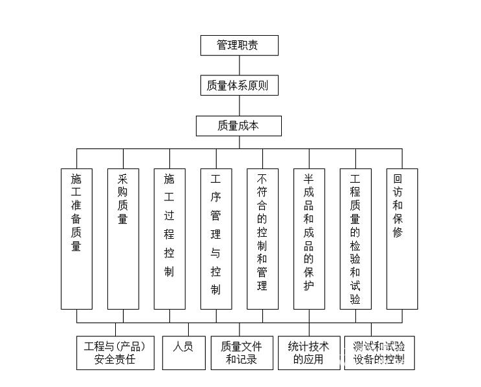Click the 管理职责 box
click(239, 46)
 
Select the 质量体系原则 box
click(239, 85)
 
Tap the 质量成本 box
click(239, 126)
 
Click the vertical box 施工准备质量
click(76, 239)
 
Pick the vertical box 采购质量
click(123, 239)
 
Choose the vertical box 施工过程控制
click(169, 239)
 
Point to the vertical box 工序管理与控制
click(215, 239)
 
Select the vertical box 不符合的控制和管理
click(262, 239)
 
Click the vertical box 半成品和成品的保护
click(309, 239)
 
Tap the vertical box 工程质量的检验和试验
click(355, 239)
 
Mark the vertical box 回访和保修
click(402, 239)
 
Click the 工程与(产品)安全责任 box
click(115, 353)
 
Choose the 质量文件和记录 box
click(241, 353)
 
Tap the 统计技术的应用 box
click(309, 353)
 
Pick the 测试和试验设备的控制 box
click(379, 353)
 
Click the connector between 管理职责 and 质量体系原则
click(239, 65)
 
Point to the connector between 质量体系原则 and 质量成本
click(239, 105)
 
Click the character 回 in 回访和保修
click(398, 180)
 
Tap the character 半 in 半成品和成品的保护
click(309, 180)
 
